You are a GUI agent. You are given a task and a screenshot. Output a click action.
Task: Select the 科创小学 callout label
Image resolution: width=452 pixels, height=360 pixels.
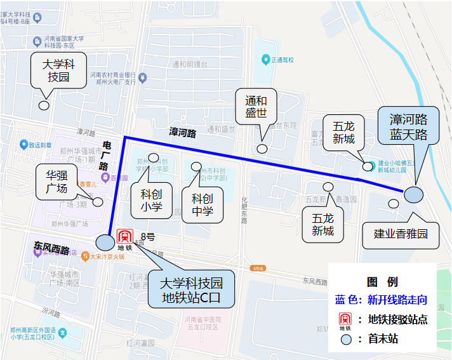click(x=151, y=199)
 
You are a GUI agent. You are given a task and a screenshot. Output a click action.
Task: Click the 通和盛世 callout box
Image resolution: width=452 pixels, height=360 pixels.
click(x=256, y=106)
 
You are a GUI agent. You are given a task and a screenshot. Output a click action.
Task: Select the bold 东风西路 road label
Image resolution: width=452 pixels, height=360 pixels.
click(x=51, y=250)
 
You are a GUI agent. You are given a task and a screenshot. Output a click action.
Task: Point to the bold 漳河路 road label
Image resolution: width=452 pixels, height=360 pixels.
click(x=183, y=133)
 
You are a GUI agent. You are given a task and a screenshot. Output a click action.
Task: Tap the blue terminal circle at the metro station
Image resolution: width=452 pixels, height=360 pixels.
click(x=104, y=242)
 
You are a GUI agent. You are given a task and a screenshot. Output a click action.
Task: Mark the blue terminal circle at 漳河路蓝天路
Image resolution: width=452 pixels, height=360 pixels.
click(x=413, y=194)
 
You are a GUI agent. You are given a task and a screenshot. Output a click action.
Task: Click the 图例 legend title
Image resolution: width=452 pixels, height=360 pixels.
click(x=382, y=282)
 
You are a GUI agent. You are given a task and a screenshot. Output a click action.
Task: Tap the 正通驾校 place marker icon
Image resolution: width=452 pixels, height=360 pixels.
click(x=265, y=60)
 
